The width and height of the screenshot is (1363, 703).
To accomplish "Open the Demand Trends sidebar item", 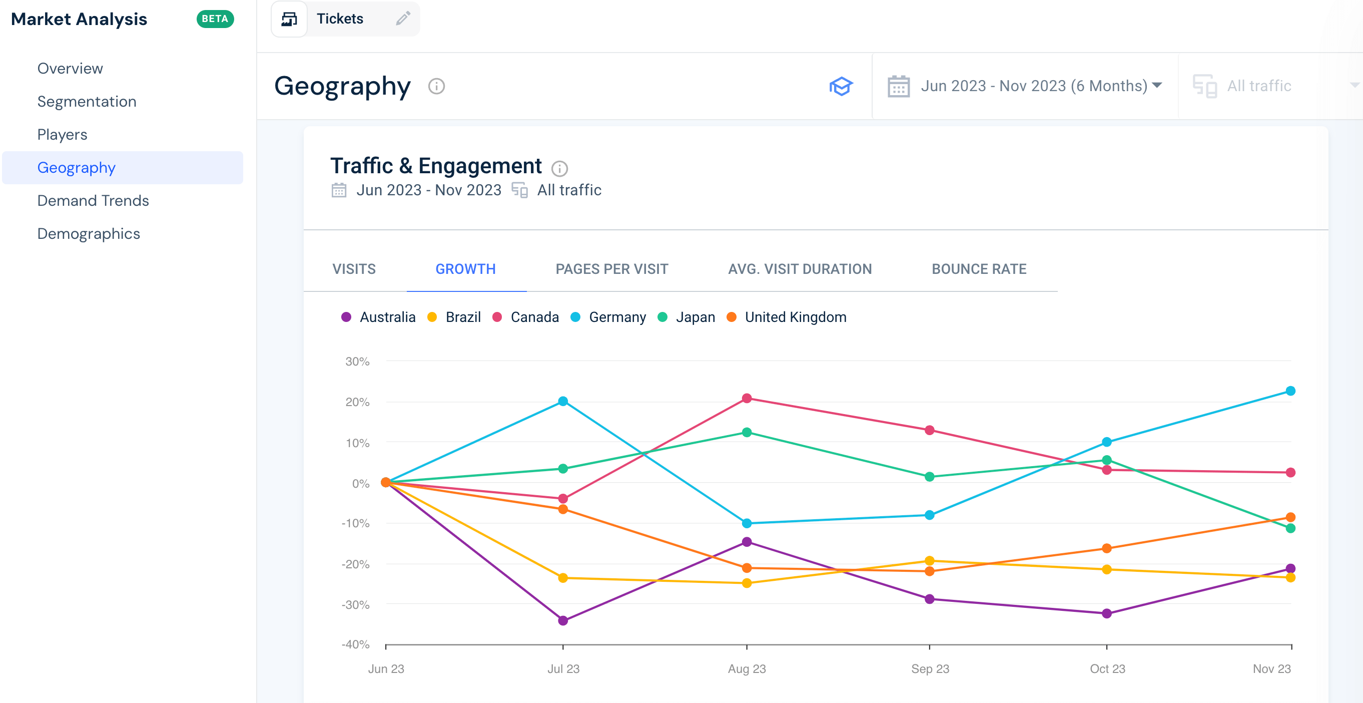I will [x=93, y=201].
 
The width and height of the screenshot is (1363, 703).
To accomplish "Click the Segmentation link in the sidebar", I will [x=87, y=102].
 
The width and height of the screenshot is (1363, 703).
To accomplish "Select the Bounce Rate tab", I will [x=978, y=269].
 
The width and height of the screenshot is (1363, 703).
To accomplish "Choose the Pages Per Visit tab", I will [x=611, y=269].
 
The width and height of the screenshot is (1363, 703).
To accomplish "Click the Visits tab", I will [x=353, y=269].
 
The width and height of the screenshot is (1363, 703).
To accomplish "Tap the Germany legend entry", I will [x=616, y=317].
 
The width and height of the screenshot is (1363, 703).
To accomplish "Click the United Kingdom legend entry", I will [x=795, y=317].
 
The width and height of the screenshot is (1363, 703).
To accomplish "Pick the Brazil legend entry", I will [x=462, y=317].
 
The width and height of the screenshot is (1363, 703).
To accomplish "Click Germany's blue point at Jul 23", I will [x=563, y=401].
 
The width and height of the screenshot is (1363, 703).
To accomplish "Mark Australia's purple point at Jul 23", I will [x=563, y=620].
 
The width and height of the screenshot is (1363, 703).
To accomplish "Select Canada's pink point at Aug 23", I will [x=747, y=398].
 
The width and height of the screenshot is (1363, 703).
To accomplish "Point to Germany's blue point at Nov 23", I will [x=1290, y=391].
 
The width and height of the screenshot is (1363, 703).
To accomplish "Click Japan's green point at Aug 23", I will [x=747, y=433].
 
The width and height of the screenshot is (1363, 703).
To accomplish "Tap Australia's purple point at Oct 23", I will [x=1106, y=613].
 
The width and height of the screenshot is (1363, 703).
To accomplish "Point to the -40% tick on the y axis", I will [x=356, y=644].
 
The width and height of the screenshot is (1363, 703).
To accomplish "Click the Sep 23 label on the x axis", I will [x=930, y=668].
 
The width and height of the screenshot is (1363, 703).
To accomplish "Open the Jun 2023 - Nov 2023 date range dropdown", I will [x=1024, y=86].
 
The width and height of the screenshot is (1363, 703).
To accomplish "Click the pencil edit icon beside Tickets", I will [x=403, y=19].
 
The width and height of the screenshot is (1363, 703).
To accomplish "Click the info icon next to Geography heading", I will [x=436, y=86].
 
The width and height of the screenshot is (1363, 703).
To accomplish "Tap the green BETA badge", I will [x=215, y=19].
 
